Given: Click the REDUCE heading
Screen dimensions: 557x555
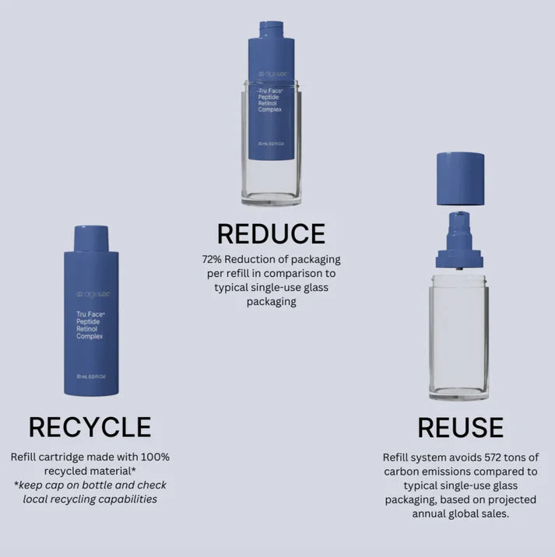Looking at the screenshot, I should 270,233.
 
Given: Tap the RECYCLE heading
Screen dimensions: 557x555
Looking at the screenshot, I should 90,426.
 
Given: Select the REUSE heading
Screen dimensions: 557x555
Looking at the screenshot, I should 460,427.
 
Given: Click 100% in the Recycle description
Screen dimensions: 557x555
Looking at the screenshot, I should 156,457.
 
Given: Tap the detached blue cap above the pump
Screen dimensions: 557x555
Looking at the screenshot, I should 460,179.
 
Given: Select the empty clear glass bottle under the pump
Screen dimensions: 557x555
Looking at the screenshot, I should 458,335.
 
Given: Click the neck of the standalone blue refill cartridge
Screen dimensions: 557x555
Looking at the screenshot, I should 91,238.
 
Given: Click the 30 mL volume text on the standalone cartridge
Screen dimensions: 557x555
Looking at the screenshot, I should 90,377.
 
